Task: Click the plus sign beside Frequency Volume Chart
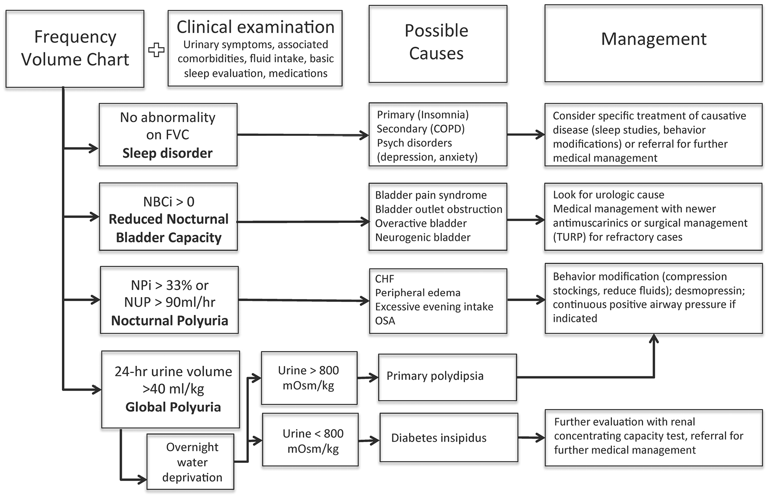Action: point(156,50)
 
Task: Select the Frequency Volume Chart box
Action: point(75,48)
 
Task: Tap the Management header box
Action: point(653,43)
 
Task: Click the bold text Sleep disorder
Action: point(167,153)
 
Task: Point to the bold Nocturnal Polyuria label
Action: point(169,320)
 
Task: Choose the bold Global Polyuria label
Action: point(173,407)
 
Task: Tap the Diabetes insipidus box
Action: point(449,438)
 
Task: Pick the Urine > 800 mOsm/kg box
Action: point(309,378)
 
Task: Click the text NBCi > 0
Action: point(169,202)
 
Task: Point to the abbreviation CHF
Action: point(384,279)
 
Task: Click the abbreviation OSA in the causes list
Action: point(385,321)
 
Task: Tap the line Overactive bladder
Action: point(421,223)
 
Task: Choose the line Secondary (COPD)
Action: point(421,129)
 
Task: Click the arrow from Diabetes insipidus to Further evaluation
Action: point(531,438)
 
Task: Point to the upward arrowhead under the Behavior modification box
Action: point(654,339)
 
